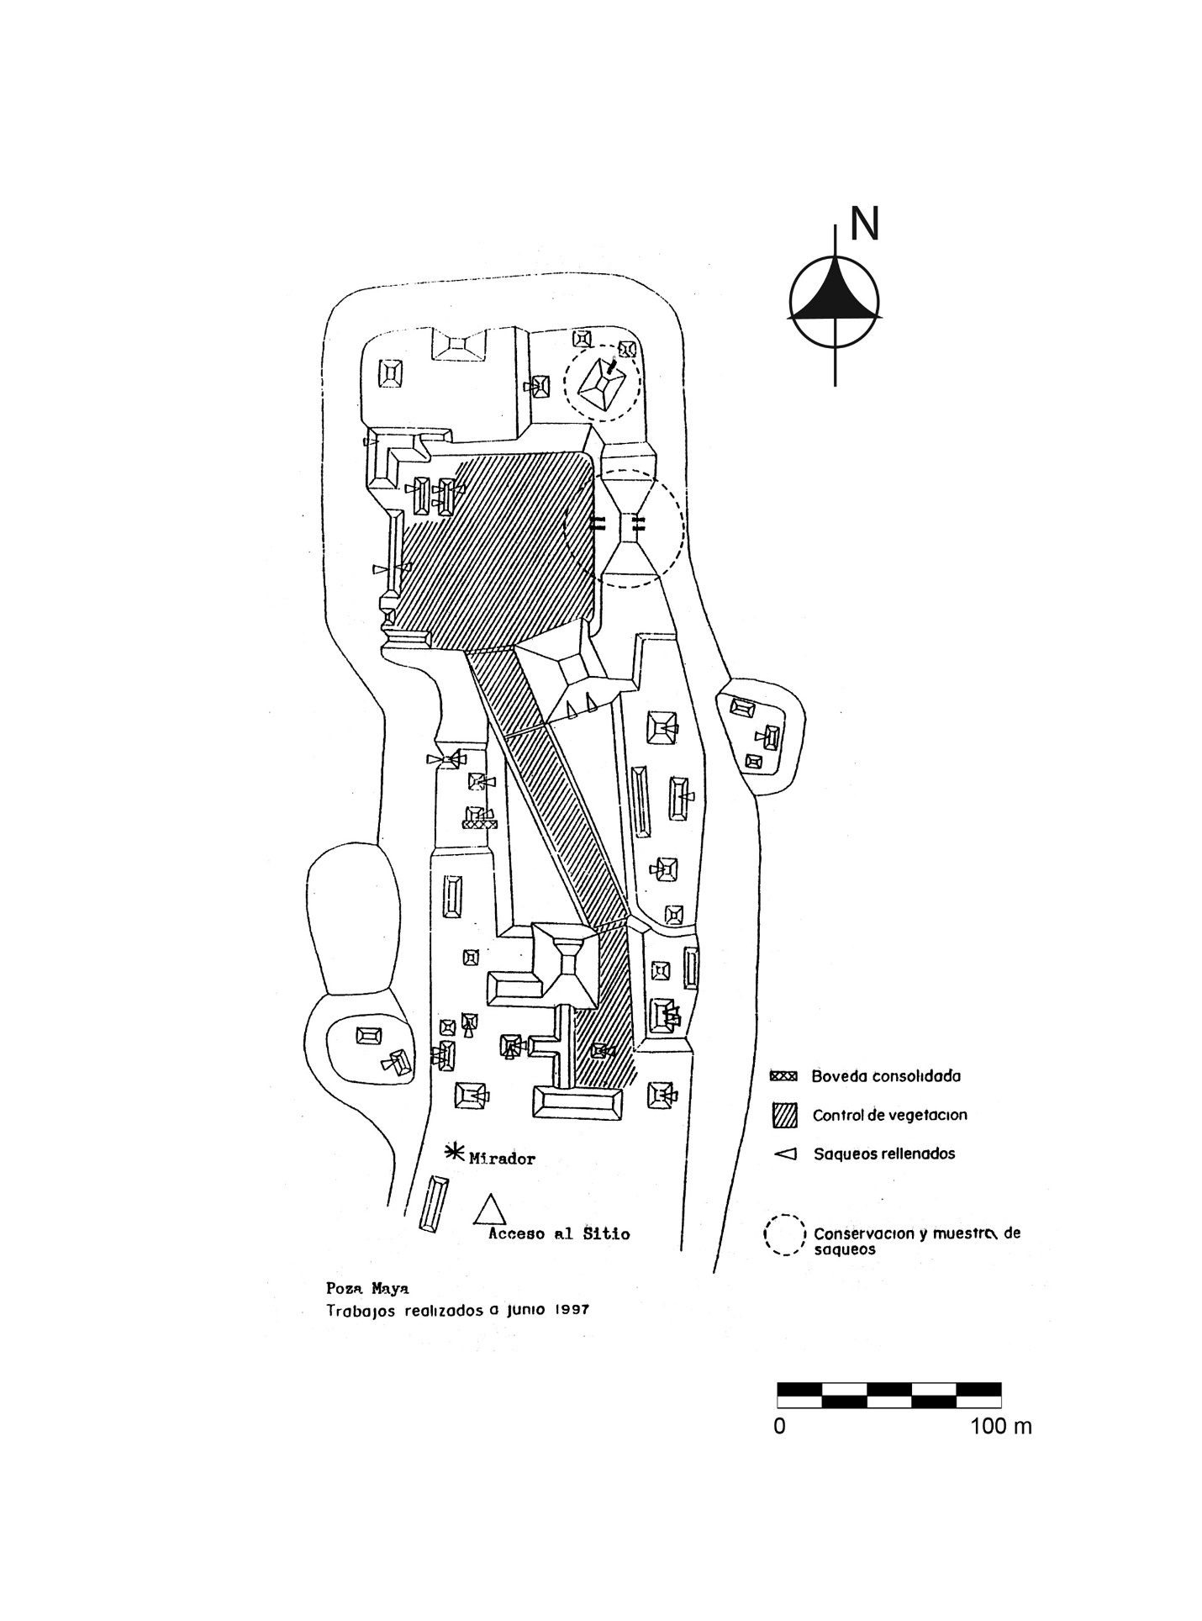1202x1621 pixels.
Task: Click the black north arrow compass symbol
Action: [835, 301]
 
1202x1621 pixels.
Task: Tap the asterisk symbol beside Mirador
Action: [455, 1153]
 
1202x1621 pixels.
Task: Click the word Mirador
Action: [502, 1159]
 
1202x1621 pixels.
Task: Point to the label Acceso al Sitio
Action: [560, 1234]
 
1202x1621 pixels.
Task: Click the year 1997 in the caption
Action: [569, 1310]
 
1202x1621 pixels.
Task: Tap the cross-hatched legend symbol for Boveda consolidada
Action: [783, 1076]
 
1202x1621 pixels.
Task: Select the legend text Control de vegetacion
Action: [889, 1115]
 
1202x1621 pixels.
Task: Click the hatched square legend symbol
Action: [784, 1116]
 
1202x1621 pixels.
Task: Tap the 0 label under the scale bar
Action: [779, 1427]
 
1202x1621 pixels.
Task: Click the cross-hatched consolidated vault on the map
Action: [480, 824]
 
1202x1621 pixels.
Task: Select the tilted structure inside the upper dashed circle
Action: [603, 388]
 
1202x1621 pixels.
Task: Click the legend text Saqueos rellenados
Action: [884, 1154]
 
